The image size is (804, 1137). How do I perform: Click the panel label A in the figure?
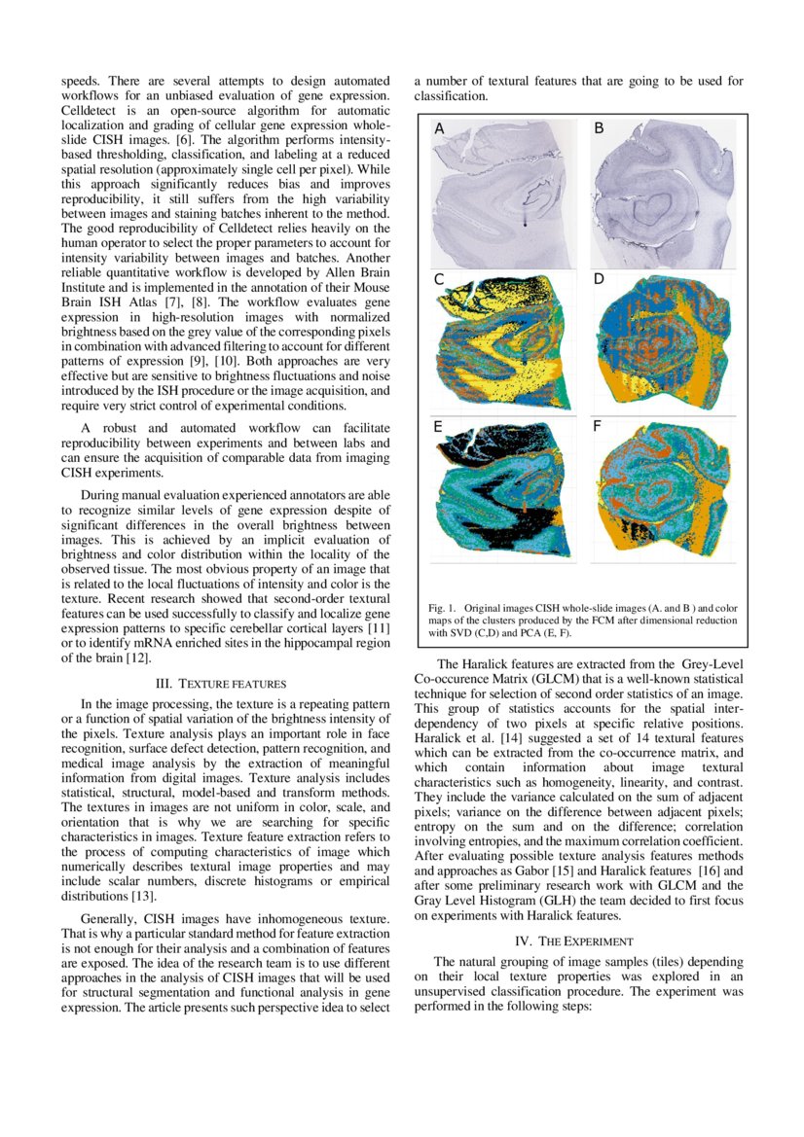click(439, 129)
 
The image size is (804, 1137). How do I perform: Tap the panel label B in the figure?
click(599, 129)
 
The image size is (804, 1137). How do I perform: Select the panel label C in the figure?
click(439, 279)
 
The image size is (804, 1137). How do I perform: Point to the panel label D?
click(600, 279)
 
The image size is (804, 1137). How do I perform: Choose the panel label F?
click(598, 426)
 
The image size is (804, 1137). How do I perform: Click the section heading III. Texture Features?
click(227, 684)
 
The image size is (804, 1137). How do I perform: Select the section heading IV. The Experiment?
click(578, 941)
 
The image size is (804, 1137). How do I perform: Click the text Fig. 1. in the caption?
click(443, 608)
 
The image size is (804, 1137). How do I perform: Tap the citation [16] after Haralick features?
click(703, 871)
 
